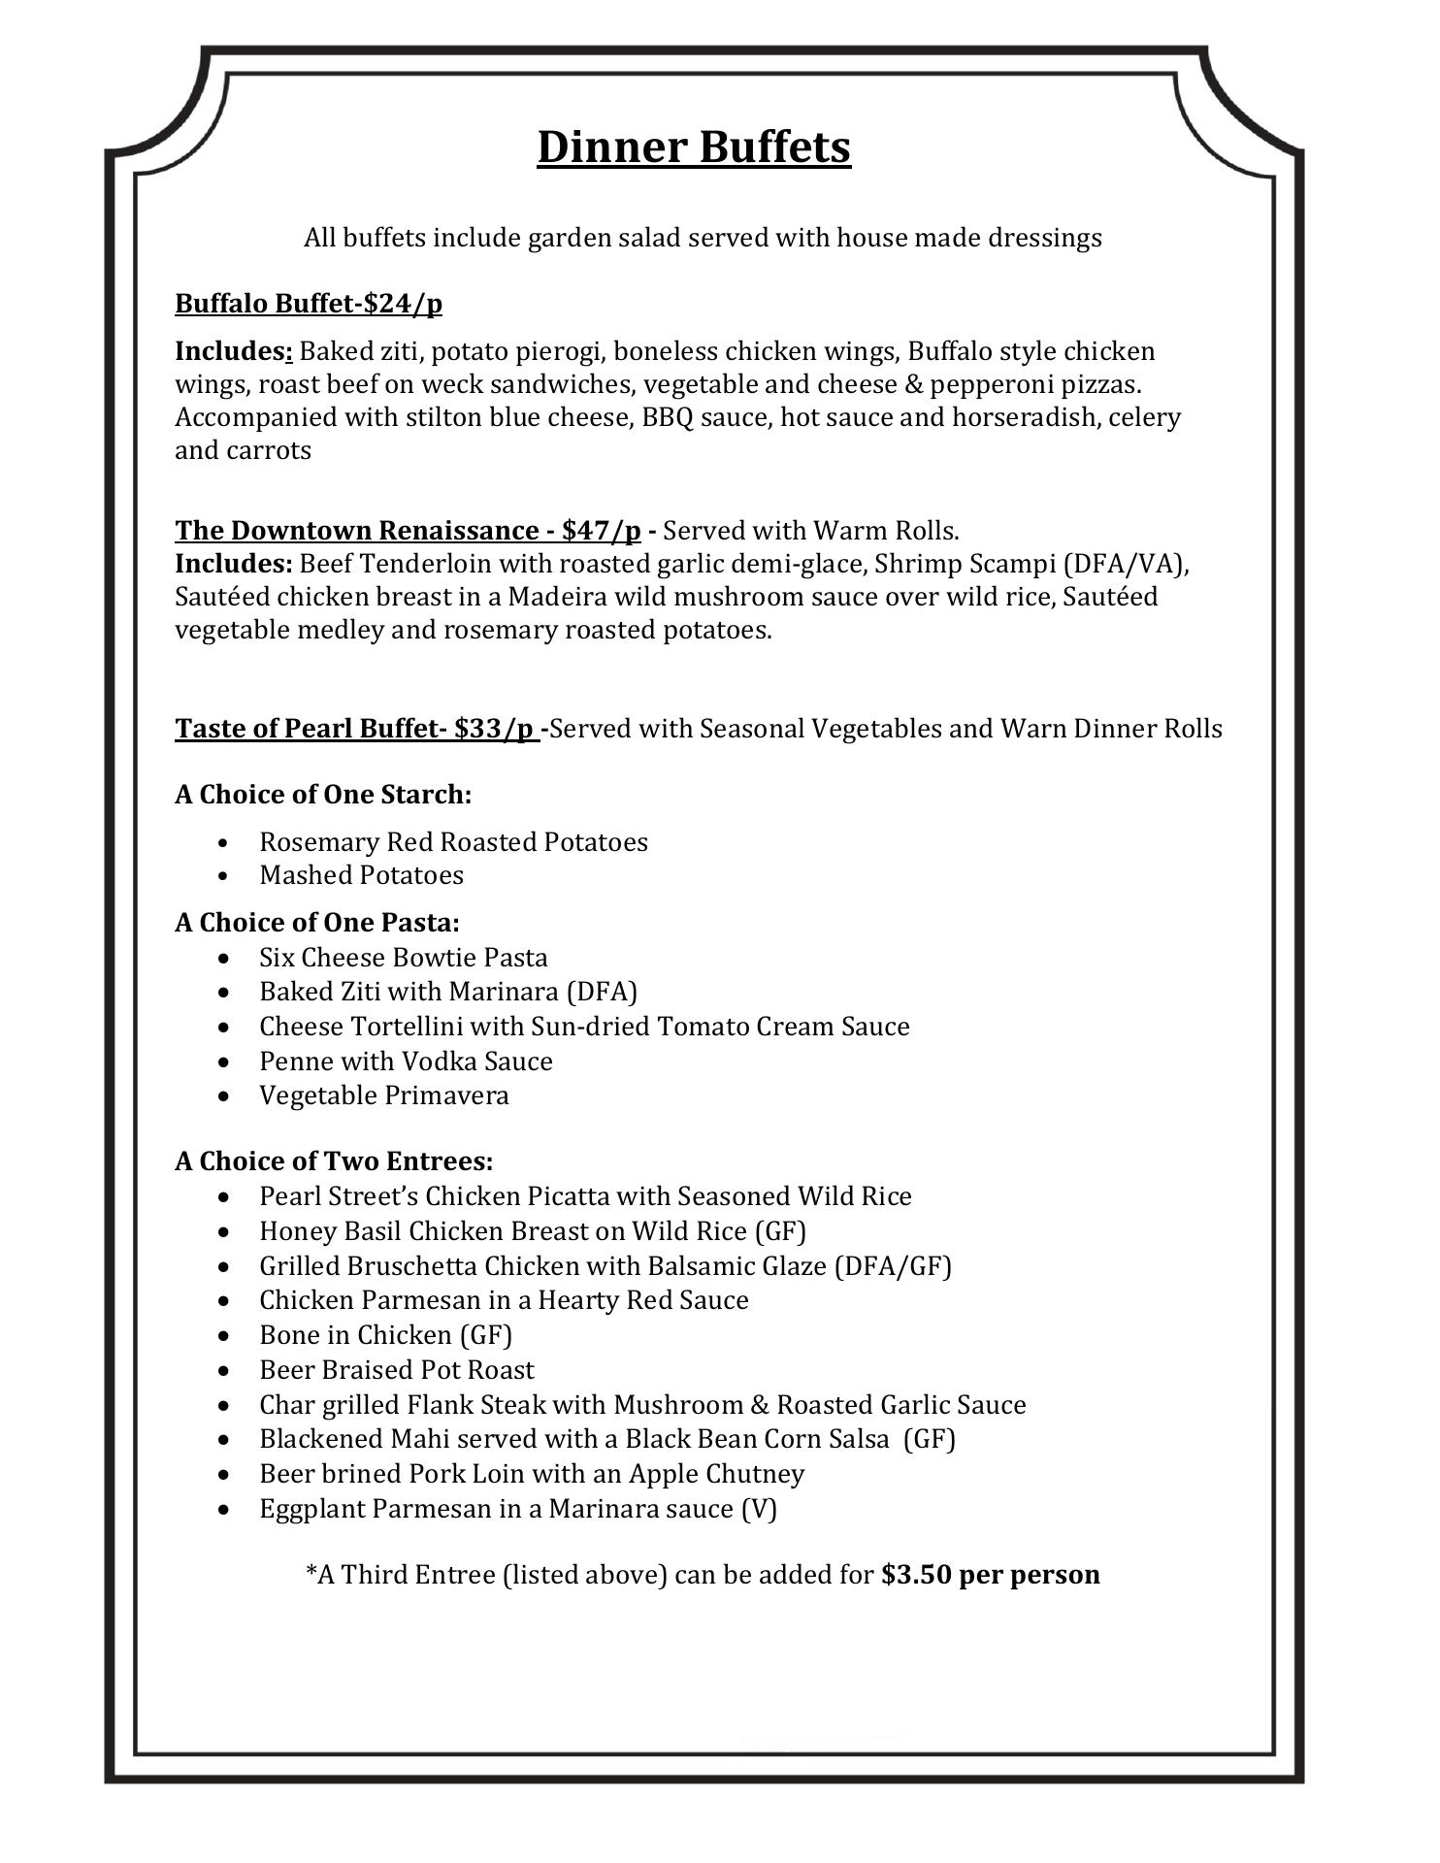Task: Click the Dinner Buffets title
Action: pyautogui.click(x=694, y=147)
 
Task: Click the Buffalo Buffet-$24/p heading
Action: pyautogui.click(x=309, y=304)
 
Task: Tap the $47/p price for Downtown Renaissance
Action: pyautogui.click(x=601, y=531)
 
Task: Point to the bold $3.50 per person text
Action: pyautogui.click(x=990, y=1574)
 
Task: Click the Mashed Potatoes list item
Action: pyautogui.click(x=361, y=875)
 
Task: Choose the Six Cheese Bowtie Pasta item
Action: pyautogui.click(x=403, y=958)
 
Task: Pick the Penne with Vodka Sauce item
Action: pyautogui.click(x=406, y=1062)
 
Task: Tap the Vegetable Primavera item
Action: pyautogui.click(x=383, y=1095)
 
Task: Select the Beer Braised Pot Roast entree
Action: pyautogui.click(x=396, y=1370)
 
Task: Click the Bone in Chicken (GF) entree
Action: pyautogui.click(x=385, y=1335)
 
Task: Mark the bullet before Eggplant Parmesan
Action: pyautogui.click(x=225, y=1510)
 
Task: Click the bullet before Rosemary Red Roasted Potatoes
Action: pyautogui.click(x=225, y=842)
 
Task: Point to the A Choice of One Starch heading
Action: pyautogui.click(x=323, y=795)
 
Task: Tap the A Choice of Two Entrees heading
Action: pyautogui.click(x=334, y=1161)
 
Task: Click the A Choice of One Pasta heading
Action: pyautogui.click(x=317, y=922)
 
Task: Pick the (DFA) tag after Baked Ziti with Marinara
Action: pyautogui.click(x=602, y=992)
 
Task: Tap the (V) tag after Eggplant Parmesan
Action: pyautogui.click(x=759, y=1509)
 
